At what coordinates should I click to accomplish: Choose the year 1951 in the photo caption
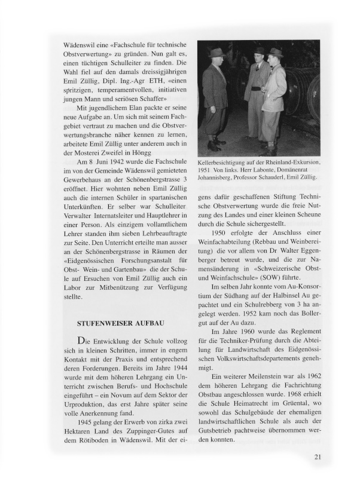(208, 169)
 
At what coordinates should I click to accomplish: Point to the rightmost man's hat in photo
(275, 51)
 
